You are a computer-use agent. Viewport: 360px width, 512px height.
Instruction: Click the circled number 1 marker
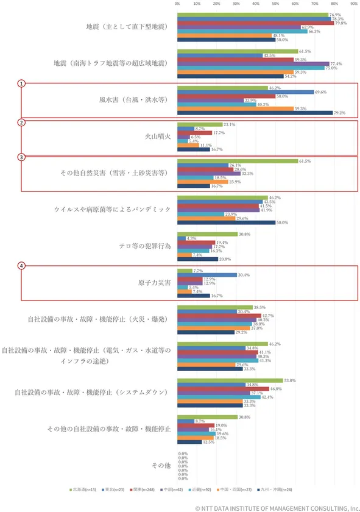click(21, 83)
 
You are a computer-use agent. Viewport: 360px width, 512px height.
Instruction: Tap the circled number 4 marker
click(21, 266)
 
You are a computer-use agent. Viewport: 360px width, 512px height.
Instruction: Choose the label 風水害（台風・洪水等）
click(134, 99)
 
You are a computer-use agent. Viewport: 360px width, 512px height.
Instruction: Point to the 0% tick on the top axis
click(177, 3)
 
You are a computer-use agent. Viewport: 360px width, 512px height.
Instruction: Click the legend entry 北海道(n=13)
click(82, 488)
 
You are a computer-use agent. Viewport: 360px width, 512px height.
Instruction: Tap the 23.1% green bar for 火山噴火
click(200, 124)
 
